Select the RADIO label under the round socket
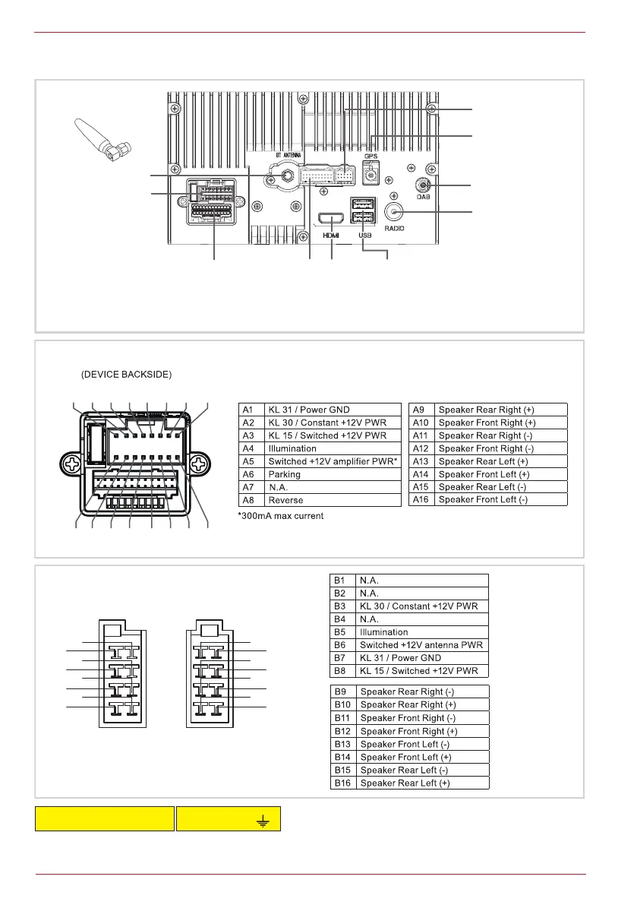[x=394, y=228]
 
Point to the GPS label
[x=371, y=156]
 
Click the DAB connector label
[x=423, y=197]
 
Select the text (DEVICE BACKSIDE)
[x=126, y=375]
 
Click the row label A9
[x=421, y=410]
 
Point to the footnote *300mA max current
[x=286, y=516]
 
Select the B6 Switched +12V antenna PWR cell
[x=421, y=645]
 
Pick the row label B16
[x=342, y=783]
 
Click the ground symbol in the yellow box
[x=263, y=819]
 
